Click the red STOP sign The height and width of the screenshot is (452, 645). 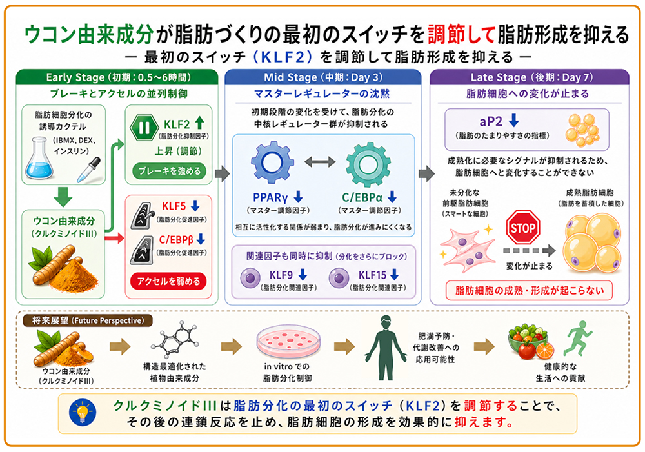click(522, 228)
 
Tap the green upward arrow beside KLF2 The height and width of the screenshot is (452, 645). click(199, 123)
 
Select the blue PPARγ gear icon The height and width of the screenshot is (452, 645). click(272, 163)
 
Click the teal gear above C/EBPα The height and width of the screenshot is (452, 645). click(368, 164)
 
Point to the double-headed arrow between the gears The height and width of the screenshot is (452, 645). click(320, 162)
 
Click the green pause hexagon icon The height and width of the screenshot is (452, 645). click(144, 128)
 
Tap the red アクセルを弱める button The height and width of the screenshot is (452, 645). click(168, 281)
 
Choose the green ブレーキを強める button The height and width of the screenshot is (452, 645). click(169, 171)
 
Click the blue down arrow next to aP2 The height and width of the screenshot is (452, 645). click(514, 121)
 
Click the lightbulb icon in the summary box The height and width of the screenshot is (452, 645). click(83, 413)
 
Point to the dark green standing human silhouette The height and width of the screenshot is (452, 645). click(386, 348)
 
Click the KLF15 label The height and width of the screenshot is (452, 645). click(372, 275)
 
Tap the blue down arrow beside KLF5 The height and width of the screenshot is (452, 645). click(195, 206)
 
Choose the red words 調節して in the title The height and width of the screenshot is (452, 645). click(461, 34)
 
